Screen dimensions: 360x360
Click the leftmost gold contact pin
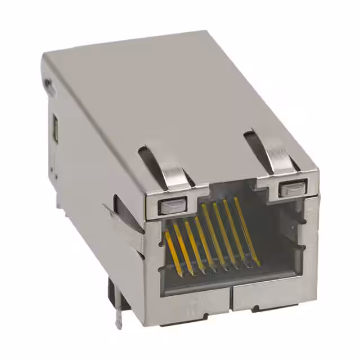(173, 250)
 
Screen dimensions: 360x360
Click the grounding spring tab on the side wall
(127, 217)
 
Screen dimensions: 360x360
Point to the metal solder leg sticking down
(119, 316)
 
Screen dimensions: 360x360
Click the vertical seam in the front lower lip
(231, 299)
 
